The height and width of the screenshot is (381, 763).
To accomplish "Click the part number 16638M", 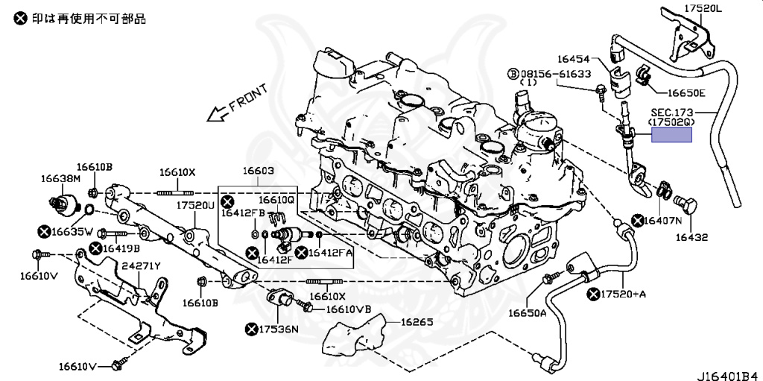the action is [60, 179].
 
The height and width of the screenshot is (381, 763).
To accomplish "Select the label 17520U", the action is [195, 206].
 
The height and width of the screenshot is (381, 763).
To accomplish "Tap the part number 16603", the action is [259, 171].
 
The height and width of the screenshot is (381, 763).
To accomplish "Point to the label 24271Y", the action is [141, 266].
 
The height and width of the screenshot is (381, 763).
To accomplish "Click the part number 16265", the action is [417, 322].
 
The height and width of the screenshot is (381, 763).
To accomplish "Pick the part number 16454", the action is [573, 59].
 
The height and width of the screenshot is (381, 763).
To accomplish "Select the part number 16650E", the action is [686, 93].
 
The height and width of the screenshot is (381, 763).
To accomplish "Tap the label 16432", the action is [691, 238].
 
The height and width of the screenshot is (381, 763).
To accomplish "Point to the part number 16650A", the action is [528, 313].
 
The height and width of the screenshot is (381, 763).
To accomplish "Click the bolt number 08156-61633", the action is [556, 74].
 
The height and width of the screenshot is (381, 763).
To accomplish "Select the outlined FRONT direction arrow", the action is [218, 114].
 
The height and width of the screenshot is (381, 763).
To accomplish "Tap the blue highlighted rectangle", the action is [671, 134].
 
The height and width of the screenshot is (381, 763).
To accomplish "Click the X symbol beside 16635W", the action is [45, 232].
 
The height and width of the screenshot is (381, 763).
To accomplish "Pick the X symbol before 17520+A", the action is [593, 295].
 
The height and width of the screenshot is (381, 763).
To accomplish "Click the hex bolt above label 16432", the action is [686, 205].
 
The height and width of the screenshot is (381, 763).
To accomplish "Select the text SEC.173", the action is [673, 113].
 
